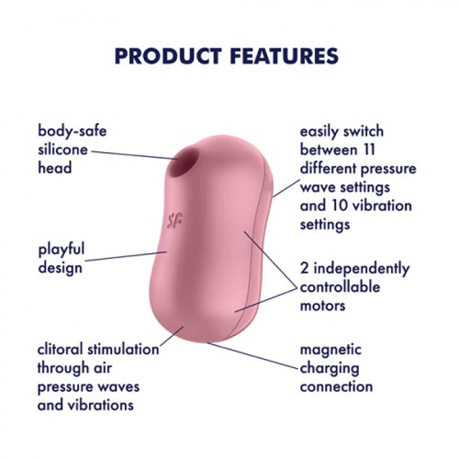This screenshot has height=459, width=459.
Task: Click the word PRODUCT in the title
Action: [x=168, y=56]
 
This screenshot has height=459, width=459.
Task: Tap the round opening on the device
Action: [x=182, y=163]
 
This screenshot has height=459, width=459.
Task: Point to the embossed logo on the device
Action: [x=174, y=221]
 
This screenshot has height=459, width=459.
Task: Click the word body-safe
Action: [x=72, y=131]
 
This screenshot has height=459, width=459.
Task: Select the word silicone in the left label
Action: [x=62, y=150]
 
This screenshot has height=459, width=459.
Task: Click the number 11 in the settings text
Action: [x=368, y=150]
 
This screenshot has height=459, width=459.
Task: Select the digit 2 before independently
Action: [x=304, y=268]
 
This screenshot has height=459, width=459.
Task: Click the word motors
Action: [x=323, y=306]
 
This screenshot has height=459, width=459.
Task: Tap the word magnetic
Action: [x=331, y=351]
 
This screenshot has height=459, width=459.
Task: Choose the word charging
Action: [x=330, y=369]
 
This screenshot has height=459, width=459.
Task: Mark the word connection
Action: [x=337, y=387]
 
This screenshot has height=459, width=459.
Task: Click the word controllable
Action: [x=340, y=287]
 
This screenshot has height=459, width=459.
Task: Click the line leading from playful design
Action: [x=126, y=256]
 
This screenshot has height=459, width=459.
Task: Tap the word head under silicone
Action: [x=55, y=168]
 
